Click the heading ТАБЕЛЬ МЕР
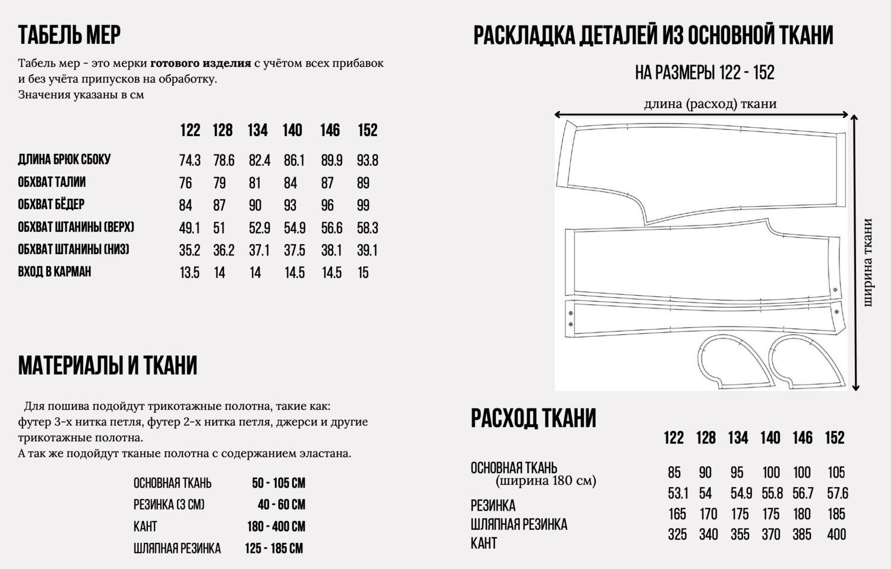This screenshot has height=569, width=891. [x=69, y=35]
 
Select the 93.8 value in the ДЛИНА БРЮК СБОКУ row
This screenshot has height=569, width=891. [x=367, y=160]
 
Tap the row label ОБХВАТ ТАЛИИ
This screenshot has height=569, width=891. [x=52, y=182]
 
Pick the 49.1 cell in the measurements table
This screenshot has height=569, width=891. [x=189, y=228]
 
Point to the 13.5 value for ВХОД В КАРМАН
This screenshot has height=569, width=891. [x=189, y=273]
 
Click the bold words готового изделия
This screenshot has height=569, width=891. [x=200, y=64]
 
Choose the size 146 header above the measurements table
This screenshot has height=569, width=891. [x=330, y=130]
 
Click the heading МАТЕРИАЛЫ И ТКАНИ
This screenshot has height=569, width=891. [x=108, y=366]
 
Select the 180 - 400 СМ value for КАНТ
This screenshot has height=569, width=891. [x=276, y=527]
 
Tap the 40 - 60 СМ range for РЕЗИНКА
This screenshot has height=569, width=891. [x=281, y=505]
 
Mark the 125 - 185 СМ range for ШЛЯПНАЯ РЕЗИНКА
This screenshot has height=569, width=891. [x=274, y=548]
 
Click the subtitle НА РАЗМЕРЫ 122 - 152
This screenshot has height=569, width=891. [x=704, y=73]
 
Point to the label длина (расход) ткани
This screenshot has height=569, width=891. [x=710, y=104]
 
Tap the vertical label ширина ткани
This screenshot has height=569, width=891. [x=868, y=263]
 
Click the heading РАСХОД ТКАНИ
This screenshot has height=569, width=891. [x=533, y=418]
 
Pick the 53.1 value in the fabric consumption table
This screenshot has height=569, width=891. [x=677, y=494]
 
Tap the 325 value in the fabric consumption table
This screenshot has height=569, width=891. [x=677, y=535]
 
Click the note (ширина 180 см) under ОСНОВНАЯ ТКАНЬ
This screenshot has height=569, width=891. [x=546, y=481]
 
